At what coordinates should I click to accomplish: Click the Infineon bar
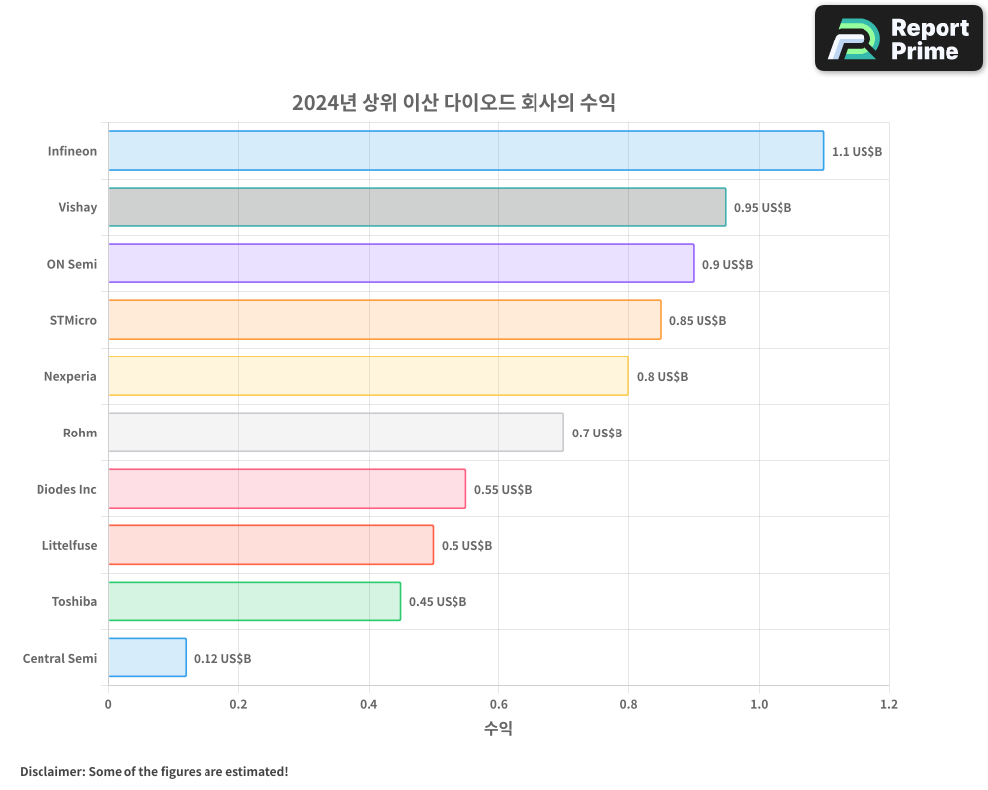(x=465, y=151)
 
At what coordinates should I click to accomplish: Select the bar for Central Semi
(x=147, y=658)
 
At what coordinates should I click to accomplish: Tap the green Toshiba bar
(x=254, y=601)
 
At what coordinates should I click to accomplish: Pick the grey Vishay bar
(x=417, y=207)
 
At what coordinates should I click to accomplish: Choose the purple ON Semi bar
(x=400, y=264)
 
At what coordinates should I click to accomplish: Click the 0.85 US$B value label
(x=698, y=320)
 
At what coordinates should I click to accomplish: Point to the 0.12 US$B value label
(x=222, y=658)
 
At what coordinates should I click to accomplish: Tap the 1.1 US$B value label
(x=857, y=151)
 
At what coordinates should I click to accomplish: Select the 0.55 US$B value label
(x=503, y=489)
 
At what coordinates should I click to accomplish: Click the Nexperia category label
(x=70, y=376)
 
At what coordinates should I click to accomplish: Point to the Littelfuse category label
(x=69, y=545)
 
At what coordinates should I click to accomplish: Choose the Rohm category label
(x=80, y=433)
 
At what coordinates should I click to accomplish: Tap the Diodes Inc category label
(x=66, y=489)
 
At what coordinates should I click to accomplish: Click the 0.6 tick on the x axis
(x=498, y=705)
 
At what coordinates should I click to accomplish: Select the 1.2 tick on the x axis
(x=889, y=705)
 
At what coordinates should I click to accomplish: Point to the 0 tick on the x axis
(x=108, y=705)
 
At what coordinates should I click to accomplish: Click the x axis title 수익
(x=498, y=729)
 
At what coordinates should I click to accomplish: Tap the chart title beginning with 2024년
(x=453, y=103)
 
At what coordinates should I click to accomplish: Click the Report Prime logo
(x=899, y=39)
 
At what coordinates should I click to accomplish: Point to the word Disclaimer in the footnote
(x=50, y=771)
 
